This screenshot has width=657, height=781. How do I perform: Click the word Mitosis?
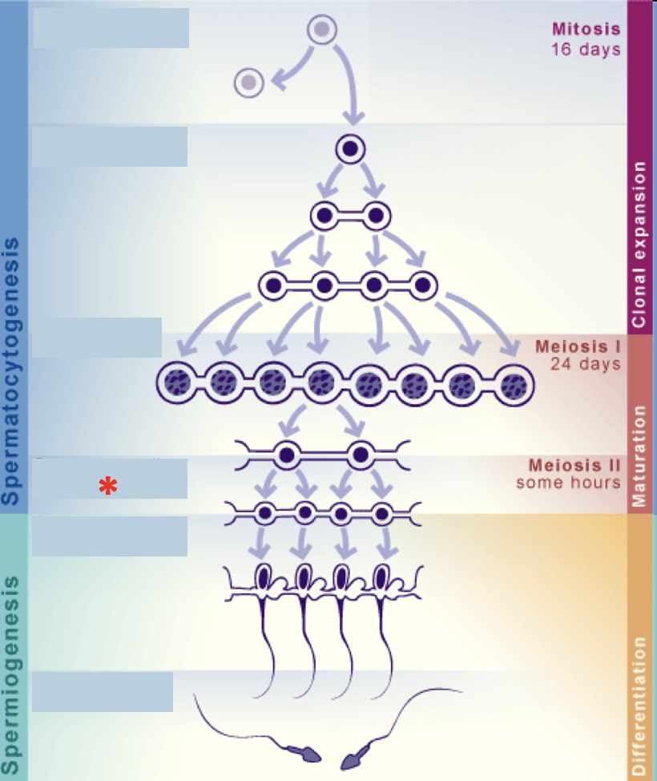tap(586, 30)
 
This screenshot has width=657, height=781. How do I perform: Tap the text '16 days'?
tap(586, 49)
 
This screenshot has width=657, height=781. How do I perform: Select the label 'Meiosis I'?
tap(578, 347)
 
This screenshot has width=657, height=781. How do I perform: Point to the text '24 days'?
tap(586, 364)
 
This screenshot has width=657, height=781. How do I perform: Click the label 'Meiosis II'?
tap(574, 465)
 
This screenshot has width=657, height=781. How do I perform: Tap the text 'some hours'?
tap(569, 483)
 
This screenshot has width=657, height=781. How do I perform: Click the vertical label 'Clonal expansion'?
tap(639, 245)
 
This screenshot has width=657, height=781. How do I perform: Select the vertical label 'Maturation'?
tap(639, 456)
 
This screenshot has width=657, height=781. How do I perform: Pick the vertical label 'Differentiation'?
tap(639, 706)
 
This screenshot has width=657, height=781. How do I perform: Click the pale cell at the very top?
tap(322, 30)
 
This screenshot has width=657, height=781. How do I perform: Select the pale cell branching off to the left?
tap(248, 82)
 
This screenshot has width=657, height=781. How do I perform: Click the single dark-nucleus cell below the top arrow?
tap(350, 148)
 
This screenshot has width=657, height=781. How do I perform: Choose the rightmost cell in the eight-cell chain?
tap(513, 383)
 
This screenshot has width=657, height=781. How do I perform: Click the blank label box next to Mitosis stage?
tap(111, 28)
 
